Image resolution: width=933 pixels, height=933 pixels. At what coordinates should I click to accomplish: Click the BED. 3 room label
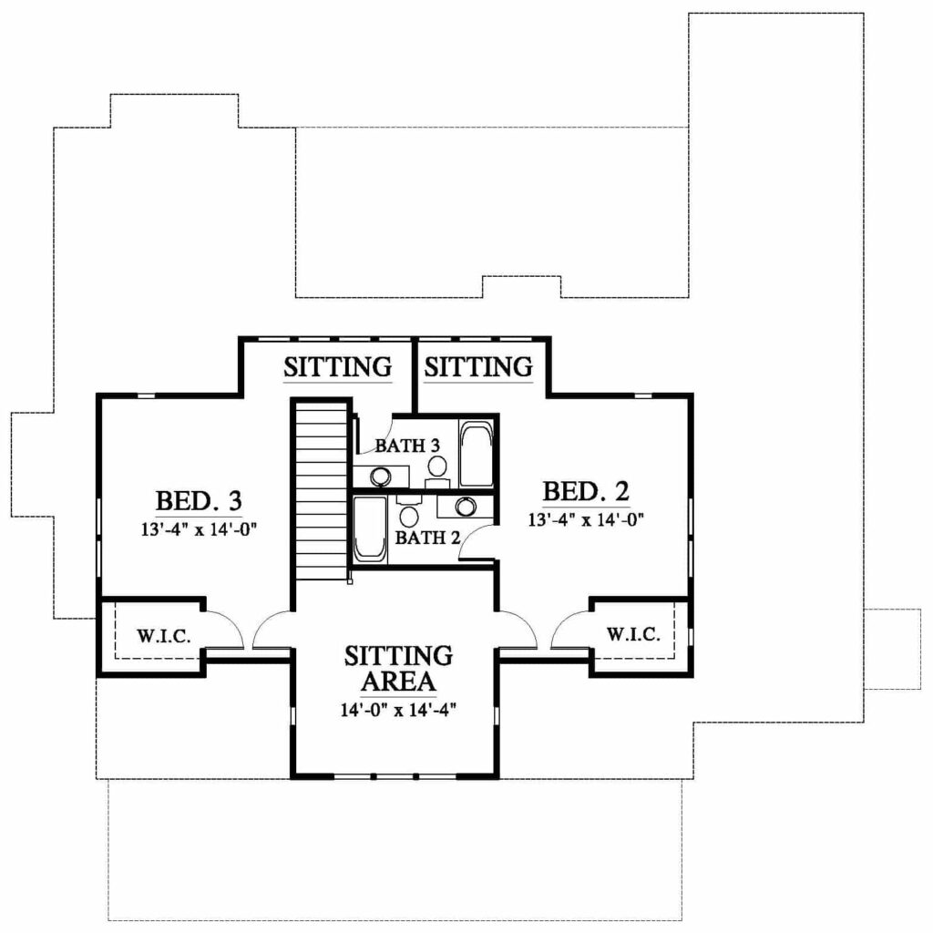[199, 500]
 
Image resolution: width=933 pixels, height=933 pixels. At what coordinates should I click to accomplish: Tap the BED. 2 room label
[586, 491]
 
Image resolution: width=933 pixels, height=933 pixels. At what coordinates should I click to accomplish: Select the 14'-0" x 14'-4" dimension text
[398, 710]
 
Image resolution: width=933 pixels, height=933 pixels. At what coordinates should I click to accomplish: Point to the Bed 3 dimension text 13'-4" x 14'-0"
[199, 529]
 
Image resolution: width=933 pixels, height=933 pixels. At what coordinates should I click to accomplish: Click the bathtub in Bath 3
[477, 454]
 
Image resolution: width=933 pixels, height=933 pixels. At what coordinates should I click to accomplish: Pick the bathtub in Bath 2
[370, 529]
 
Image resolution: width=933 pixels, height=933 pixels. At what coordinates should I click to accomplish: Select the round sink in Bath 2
[465, 507]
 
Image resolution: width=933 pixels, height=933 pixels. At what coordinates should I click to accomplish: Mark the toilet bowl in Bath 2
[408, 516]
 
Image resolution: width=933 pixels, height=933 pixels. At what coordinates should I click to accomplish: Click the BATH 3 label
[407, 445]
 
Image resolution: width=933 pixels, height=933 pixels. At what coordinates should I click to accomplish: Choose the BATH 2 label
[428, 538]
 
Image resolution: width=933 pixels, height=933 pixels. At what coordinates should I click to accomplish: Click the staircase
[322, 489]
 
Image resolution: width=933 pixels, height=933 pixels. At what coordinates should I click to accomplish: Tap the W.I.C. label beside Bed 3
[164, 635]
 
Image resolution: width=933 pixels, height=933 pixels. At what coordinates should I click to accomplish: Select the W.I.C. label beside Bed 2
[634, 634]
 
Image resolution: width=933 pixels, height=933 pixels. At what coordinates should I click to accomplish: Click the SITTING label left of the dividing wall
[337, 367]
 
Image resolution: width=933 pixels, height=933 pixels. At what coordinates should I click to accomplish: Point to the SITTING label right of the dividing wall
[478, 366]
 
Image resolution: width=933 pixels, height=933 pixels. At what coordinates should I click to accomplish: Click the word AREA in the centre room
[399, 682]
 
